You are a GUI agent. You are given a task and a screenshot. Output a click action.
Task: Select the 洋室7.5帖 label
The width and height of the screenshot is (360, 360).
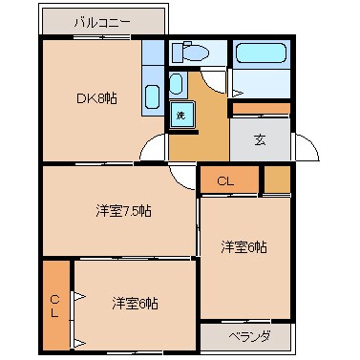[x=122, y=210]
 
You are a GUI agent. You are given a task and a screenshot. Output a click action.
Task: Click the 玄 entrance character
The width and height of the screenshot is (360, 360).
[x=261, y=139]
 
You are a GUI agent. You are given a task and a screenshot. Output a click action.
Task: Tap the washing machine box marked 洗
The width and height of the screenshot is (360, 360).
[x=180, y=115]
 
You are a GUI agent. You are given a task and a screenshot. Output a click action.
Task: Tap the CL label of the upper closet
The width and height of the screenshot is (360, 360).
[x=224, y=180]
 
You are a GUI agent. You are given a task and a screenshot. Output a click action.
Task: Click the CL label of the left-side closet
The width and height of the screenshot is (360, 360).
[x=54, y=306]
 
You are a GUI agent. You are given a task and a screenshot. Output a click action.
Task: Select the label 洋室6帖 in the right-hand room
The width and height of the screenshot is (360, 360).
[x=244, y=247]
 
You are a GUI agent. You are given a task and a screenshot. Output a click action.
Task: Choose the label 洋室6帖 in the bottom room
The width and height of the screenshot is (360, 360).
[x=135, y=304]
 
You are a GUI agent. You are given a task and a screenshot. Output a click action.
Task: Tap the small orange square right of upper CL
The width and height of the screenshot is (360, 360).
[x=276, y=179]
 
